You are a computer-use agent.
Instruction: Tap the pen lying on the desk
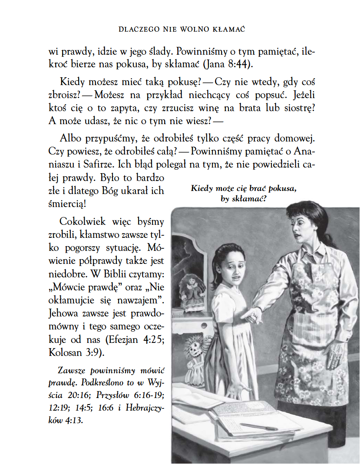click(259, 427)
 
